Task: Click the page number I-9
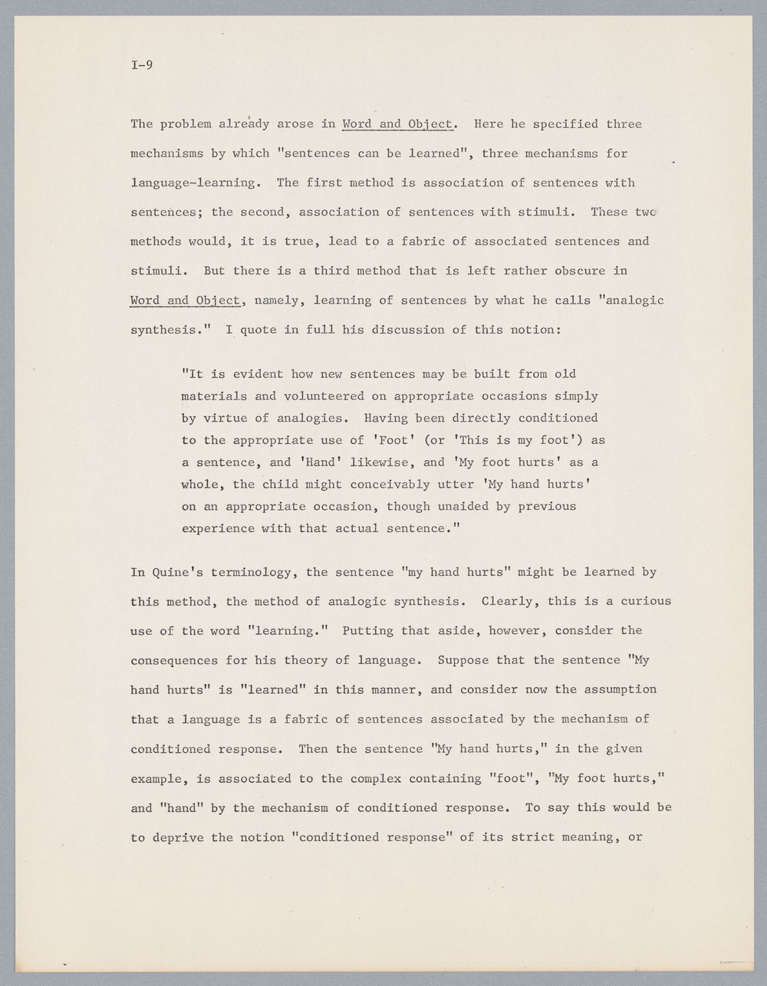coord(142,65)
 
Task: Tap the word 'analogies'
coord(313,419)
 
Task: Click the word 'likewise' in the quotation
coord(383,462)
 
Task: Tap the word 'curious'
coord(646,601)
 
